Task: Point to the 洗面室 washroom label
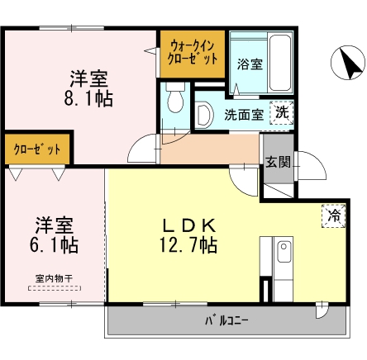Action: coord(244,115)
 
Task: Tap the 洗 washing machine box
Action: coord(283,112)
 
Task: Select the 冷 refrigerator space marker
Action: coord(333,216)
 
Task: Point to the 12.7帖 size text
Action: coord(188,245)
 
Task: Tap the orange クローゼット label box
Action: coord(37,149)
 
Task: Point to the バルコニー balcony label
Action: coord(226,320)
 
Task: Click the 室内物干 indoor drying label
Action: coord(53,278)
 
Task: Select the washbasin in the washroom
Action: coord(205,115)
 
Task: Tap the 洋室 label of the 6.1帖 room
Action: coord(56,225)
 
